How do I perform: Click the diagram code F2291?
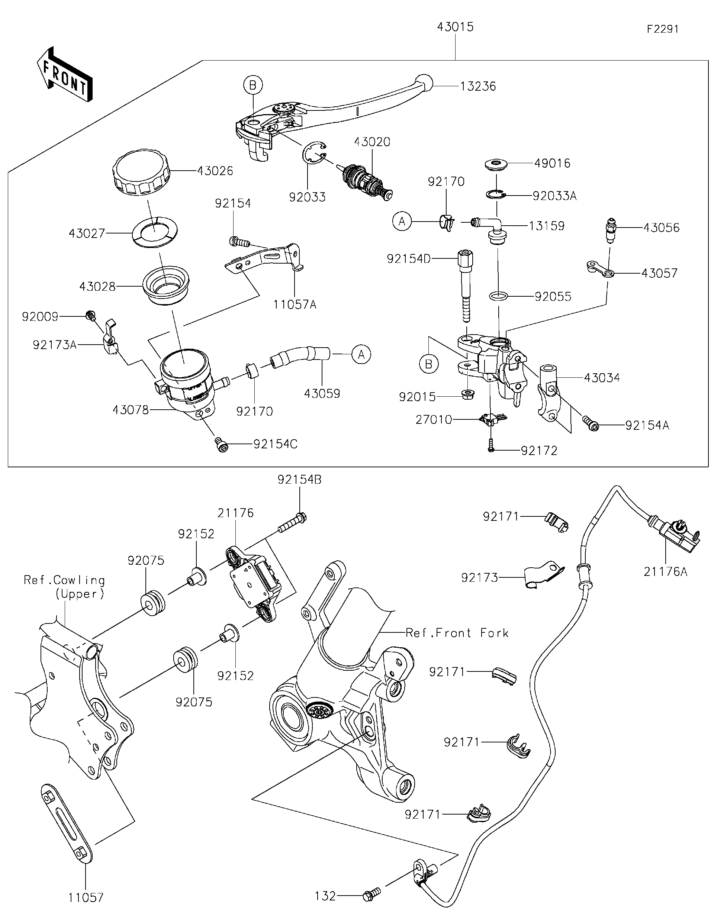pyautogui.click(x=662, y=29)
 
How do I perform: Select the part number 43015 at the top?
pyautogui.click(x=455, y=27)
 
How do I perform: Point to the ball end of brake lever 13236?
pyautogui.click(x=424, y=83)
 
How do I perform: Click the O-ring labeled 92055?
pyautogui.click(x=498, y=296)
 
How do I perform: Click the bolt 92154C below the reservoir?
pyautogui.click(x=221, y=445)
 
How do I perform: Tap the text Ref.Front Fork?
pyautogui.click(x=457, y=633)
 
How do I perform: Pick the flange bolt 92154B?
pyautogui.click(x=292, y=522)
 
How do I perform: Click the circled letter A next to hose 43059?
pyautogui.click(x=361, y=354)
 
